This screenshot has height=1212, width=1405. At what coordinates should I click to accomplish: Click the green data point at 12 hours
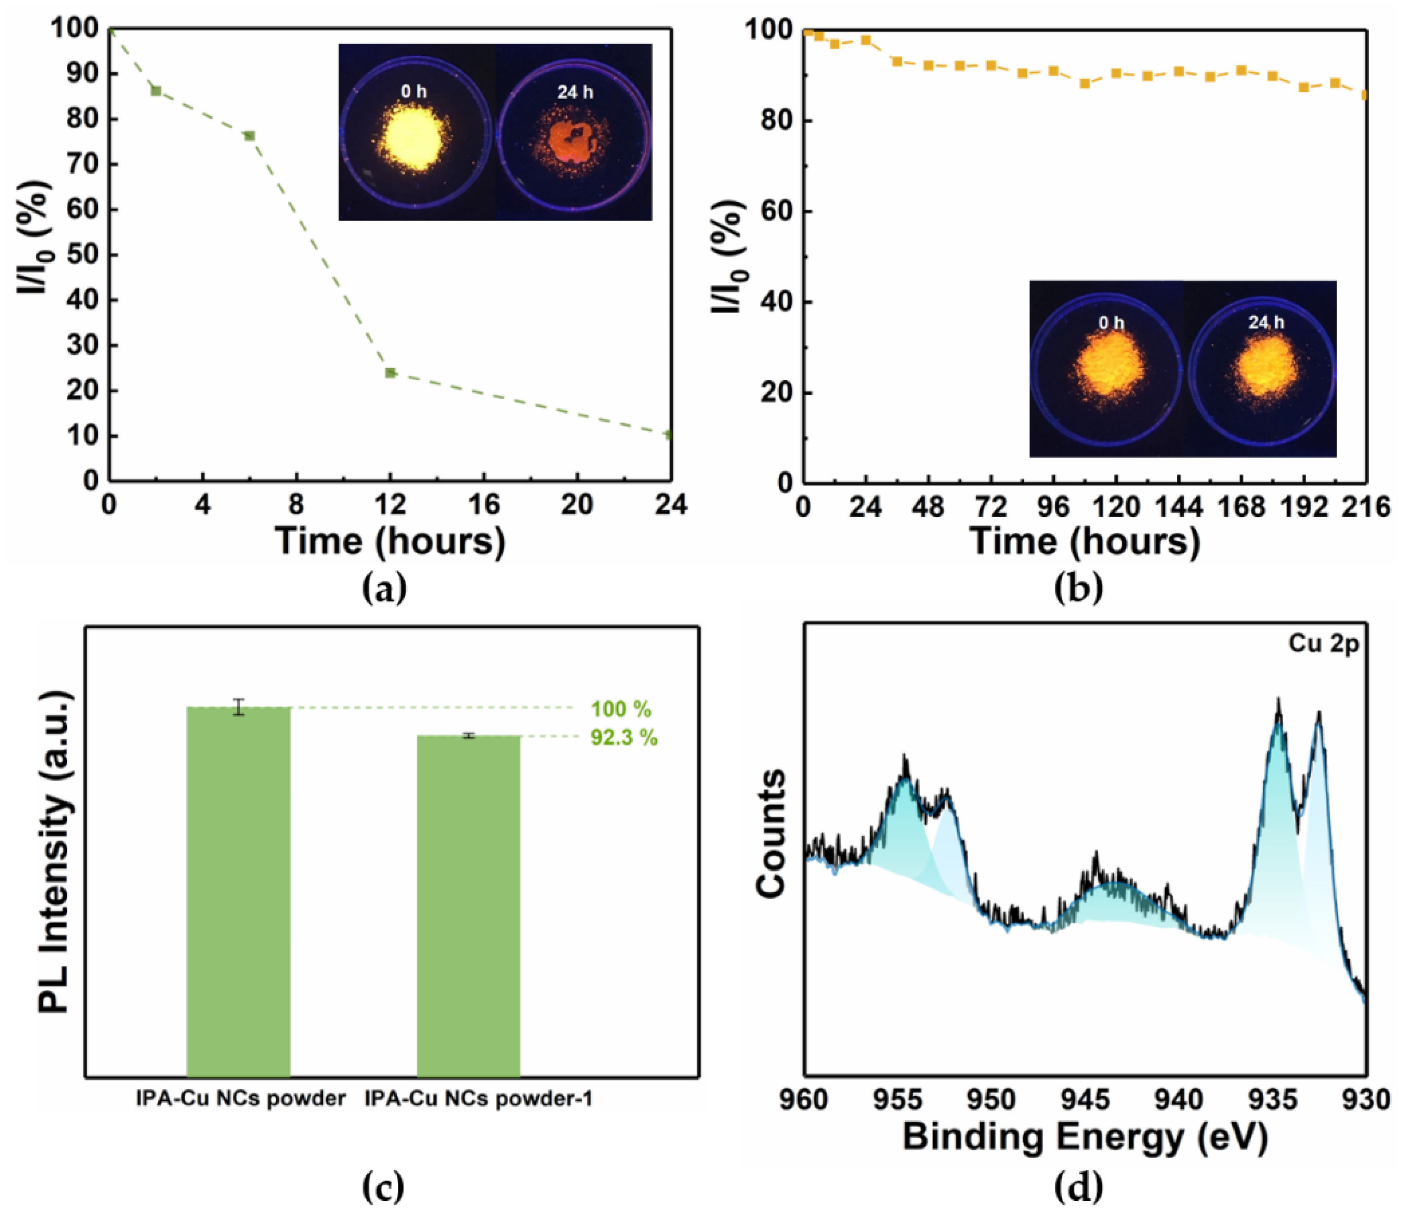[390, 373]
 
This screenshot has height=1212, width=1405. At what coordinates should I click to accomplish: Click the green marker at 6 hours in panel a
[249, 136]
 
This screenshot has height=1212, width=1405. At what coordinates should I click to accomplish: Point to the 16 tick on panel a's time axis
[484, 505]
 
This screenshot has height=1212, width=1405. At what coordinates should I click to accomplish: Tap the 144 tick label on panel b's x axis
[1178, 507]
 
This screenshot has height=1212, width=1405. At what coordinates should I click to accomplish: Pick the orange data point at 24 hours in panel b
[866, 40]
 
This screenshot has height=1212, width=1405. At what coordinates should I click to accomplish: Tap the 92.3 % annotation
[623, 738]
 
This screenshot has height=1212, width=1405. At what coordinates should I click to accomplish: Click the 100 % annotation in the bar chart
[621, 710]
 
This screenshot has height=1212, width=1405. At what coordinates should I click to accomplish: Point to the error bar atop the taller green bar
[238, 707]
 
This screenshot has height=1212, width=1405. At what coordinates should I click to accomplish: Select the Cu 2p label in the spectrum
[1323, 644]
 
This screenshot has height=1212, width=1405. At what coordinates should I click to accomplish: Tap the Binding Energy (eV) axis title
[1084, 1137]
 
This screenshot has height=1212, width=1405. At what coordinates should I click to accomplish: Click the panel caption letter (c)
[384, 1188]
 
